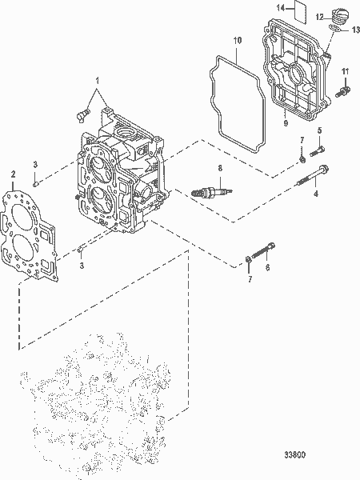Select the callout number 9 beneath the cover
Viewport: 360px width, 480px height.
coord(285,123)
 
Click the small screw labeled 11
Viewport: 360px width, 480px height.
coord(343,93)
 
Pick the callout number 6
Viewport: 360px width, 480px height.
coord(267,268)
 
